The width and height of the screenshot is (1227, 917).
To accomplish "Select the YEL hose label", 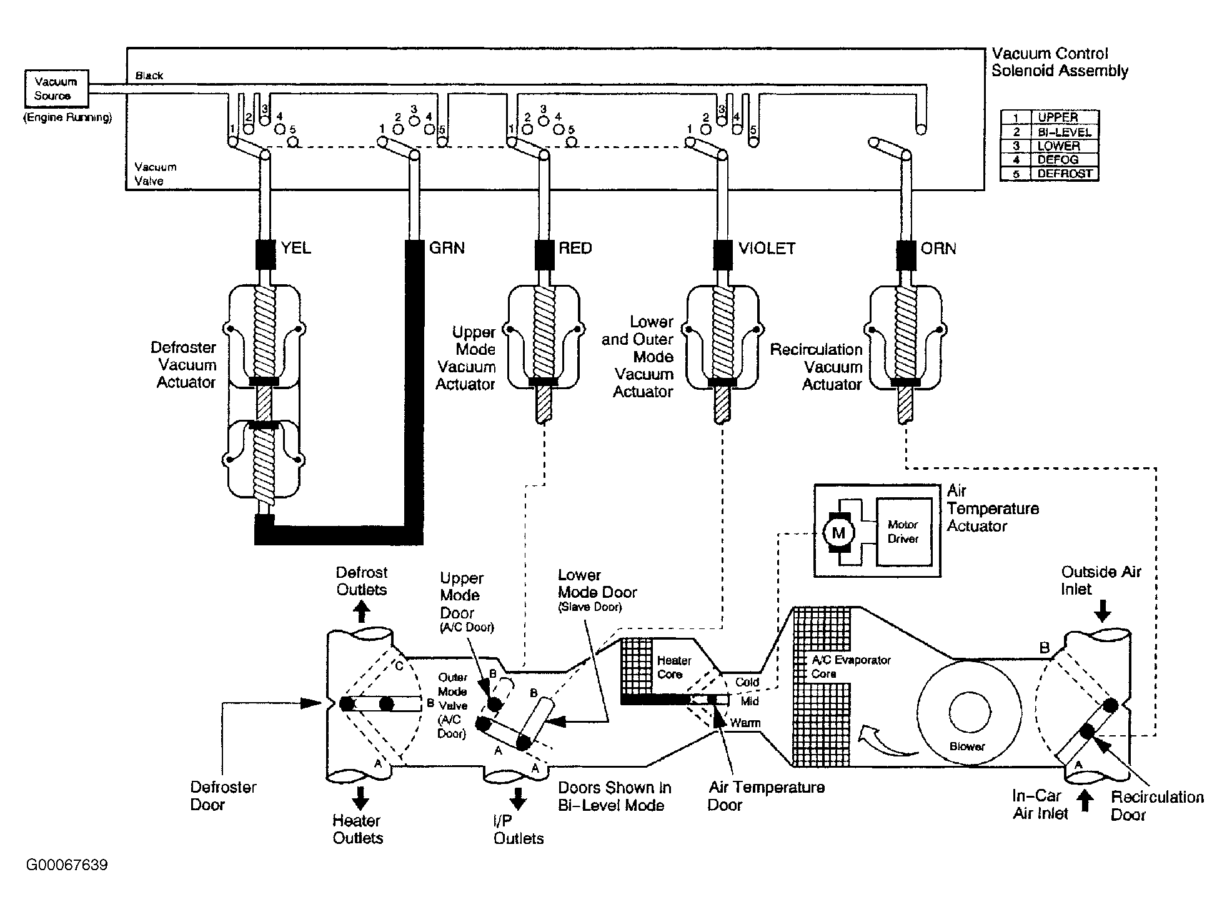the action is [x=296, y=249].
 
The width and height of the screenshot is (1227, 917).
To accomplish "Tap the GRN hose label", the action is [x=447, y=249].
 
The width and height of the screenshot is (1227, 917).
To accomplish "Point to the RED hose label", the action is [x=575, y=249].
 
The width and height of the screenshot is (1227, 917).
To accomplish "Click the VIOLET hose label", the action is [x=767, y=249].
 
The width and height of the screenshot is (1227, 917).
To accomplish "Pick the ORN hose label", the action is [x=938, y=249].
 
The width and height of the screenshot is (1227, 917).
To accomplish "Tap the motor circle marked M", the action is [x=838, y=533].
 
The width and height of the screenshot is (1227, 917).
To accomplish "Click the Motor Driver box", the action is [x=903, y=532].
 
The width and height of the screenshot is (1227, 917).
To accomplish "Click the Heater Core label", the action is [x=674, y=667].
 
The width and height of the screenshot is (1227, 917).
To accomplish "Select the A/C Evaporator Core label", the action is [x=851, y=667].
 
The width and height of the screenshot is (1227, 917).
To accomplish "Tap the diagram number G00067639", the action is [x=67, y=865].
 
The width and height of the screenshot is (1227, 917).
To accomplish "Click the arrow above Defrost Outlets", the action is [x=361, y=612].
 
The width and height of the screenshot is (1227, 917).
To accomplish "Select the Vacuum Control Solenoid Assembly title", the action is [x=1060, y=62].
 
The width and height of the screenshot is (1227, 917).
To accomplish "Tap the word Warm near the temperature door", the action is [x=746, y=723].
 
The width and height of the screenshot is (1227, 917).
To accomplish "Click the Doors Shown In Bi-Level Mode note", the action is [x=611, y=796].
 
